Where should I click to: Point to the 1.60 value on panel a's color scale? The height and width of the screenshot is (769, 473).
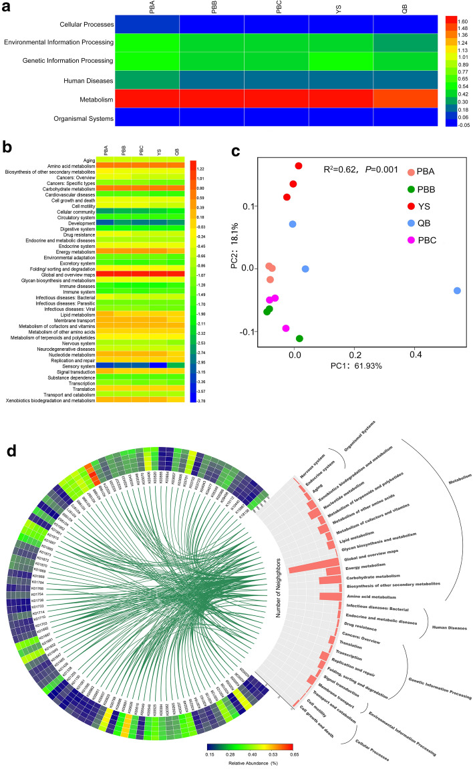(x=463, y=20)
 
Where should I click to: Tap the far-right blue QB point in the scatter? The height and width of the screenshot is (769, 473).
(x=457, y=291)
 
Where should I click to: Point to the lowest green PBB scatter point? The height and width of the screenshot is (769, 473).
(x=299, y=339)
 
